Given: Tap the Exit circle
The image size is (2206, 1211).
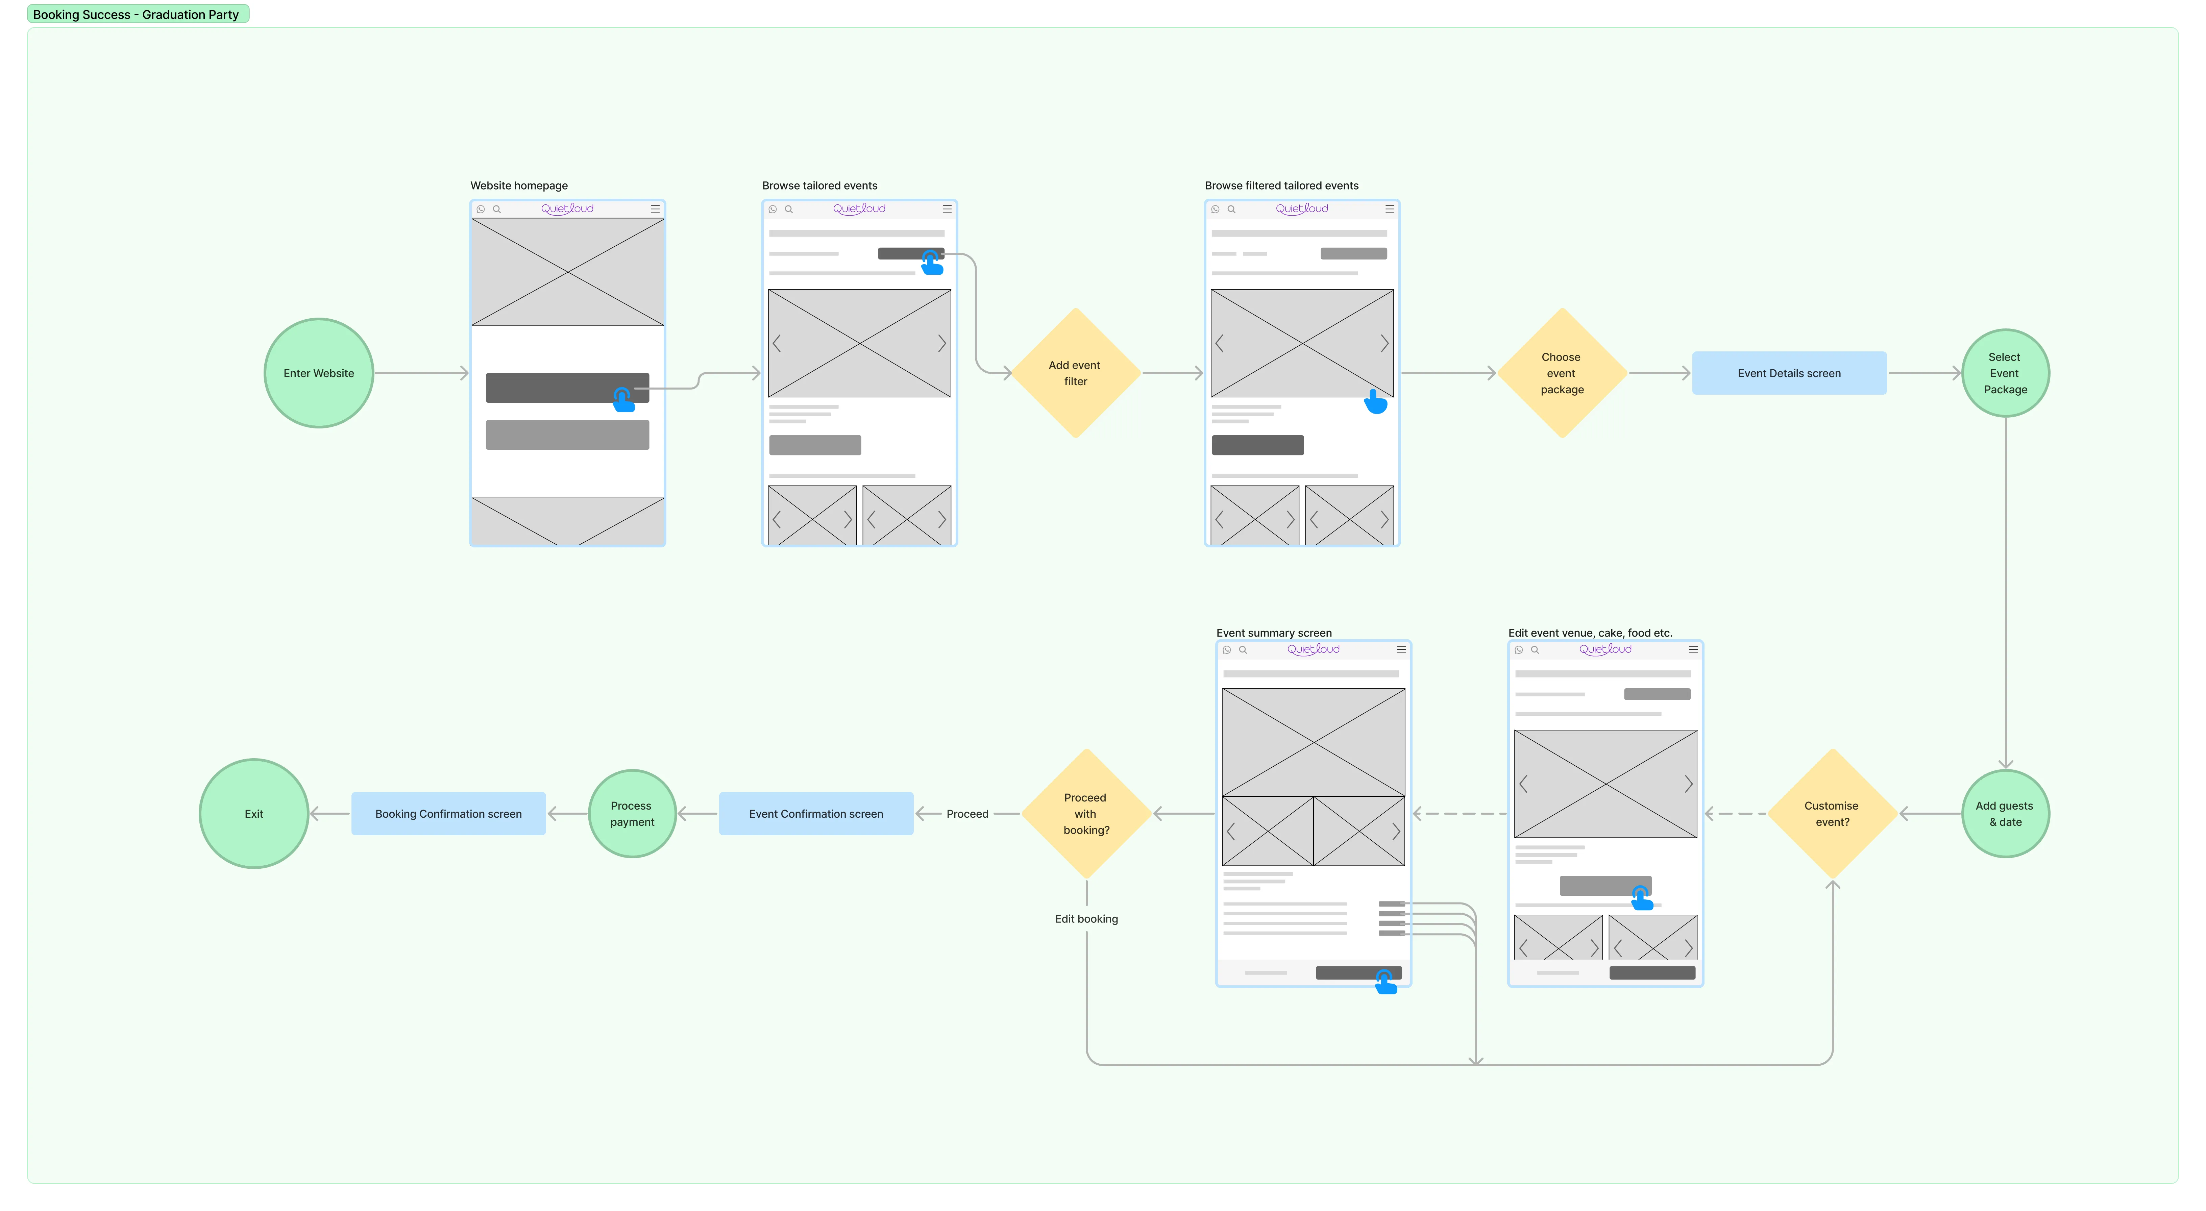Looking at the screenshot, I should [x=253, y=814].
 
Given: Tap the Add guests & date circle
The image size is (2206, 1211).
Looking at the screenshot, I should [x=2005, y=814].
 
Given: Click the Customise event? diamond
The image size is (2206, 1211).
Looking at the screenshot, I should [x=1832, y=814].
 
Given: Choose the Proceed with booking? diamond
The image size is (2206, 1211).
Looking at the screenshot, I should [x=1086, y=814].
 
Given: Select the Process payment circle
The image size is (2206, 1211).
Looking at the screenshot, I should [x=632, y=814].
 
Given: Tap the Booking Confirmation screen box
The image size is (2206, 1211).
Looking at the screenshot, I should [x=448, y=814].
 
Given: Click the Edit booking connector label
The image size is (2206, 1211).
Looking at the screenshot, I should [x=1086, y=919].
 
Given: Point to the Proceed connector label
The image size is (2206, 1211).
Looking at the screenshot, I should [x=967, y=814].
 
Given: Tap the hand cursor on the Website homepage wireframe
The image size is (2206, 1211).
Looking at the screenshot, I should [x=623, y=399].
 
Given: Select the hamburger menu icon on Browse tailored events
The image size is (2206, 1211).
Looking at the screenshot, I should [x=947, y=209].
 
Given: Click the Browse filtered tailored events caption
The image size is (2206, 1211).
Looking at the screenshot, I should [x=1281, y=186].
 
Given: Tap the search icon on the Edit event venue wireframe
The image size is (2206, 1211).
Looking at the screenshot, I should [x=1535, y=650].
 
